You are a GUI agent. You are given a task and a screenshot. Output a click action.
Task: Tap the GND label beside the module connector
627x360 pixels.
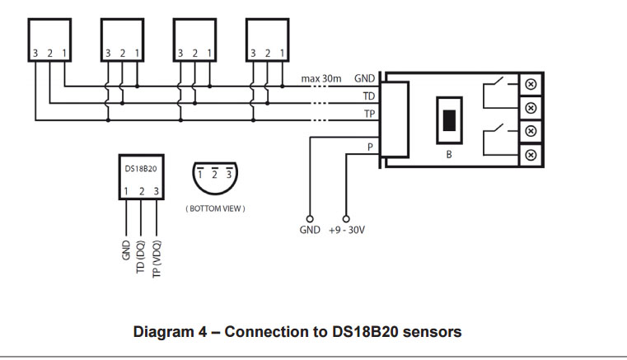[x=365, y=79]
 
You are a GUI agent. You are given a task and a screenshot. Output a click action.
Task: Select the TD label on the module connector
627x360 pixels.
[x=369, y=96]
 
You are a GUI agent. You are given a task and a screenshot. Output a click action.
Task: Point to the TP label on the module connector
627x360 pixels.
[x=369, y=115]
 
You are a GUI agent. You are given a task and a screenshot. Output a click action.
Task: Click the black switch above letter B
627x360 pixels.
[x=449, y=119]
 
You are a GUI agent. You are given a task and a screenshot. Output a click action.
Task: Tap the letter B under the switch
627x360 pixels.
[x=449, y=154]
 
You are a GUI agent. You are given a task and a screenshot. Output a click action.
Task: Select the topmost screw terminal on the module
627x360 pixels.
[x=531, y=84]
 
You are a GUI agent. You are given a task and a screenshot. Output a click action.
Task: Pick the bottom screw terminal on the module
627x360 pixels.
[x=531, y=154]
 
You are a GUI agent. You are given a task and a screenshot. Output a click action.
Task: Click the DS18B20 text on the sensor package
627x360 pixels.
[x=140, y=168]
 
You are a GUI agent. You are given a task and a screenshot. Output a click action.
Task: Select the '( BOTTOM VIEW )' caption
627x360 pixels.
[x=215, y=209]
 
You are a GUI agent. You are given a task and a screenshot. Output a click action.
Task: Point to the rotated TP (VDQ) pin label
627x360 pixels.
[x=157, y=258]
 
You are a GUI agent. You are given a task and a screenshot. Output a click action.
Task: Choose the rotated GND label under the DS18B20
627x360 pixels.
[x=125, y=250]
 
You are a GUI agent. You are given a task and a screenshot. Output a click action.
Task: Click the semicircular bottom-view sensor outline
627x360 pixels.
[x=215, y=178]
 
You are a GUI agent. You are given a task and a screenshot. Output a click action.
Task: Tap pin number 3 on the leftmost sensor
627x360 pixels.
[x=35, y=54]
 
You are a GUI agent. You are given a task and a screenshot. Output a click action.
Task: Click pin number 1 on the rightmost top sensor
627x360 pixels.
[x=283, y=54]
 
